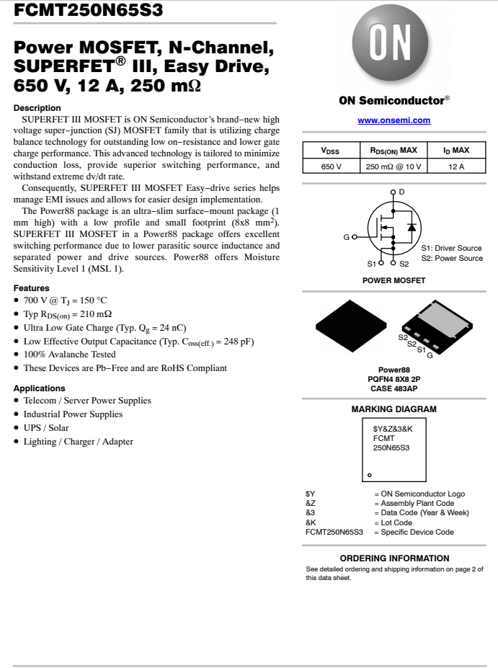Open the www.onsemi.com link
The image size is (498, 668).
point(394,120)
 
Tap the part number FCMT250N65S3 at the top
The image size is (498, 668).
point(88,10)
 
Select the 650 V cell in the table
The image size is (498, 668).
point(331,166)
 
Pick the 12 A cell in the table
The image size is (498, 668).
point(455,166)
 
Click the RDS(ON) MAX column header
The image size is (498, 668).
point(393,151)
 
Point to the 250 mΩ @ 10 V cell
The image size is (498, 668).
point(393,166)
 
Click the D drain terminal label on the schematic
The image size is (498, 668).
point(401,191)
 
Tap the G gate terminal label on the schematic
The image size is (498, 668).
point(346,236)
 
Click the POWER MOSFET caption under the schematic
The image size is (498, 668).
point(393,280)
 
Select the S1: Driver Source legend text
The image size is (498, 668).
point(452,248)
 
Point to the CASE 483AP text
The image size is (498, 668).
point(393,389)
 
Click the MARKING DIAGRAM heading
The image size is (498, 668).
point(393,409)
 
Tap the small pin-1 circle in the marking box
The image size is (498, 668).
point(369,475)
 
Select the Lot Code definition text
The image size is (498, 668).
point(396,522)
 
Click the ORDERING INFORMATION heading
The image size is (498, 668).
point(394,558)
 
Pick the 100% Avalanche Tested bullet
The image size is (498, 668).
point(69,355)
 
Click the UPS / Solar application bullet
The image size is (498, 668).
point(46,428)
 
